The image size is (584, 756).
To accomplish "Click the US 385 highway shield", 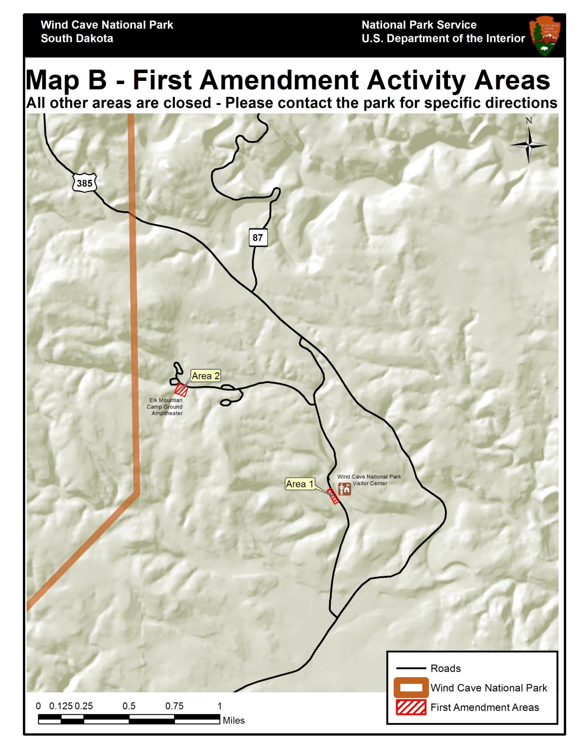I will pyautogui.click(x=85, y=183).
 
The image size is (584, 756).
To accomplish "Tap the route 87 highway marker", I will pyautogui.click(x=258, y=238).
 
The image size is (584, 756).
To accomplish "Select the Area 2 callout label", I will pyautogui.click(x=206, y=376).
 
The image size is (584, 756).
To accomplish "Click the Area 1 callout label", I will pyautogui.click(x=300, y=484).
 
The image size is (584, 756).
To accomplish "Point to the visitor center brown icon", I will pyautogui.click(x=344, y=489).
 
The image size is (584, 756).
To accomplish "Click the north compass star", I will pyautogui.click(x=528, y=145).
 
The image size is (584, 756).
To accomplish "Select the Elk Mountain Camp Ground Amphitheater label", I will pyautogui.click(x=165, y=407).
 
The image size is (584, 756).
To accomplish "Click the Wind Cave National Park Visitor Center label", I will pyautogui.click(x=369, y=480).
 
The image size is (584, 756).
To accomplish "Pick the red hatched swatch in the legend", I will pyautogui.click(x=411, y=707).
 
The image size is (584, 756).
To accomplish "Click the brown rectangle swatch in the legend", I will pyautogui.click(x=411, y=688).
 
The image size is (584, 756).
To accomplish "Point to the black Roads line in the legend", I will pyautogui.click(x=411, y=669).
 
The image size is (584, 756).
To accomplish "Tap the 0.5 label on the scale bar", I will pyautogui.click(x=129, y=706).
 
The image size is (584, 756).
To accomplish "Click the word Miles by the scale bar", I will pyautogui.click(x=234, y=721).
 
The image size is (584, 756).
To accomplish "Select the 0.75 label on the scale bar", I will pyautogui.click(x=174, y=706).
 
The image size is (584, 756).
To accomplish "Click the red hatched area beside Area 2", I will pyautogui.click(x=181, y=390).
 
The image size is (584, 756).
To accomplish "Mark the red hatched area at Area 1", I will pyautogui.click(x=334, y=496).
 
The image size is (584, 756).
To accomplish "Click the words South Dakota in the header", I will pyautogui.click(x=77, y=38).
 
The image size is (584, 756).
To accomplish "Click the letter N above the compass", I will pyautogui.click(x=529, y=121).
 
